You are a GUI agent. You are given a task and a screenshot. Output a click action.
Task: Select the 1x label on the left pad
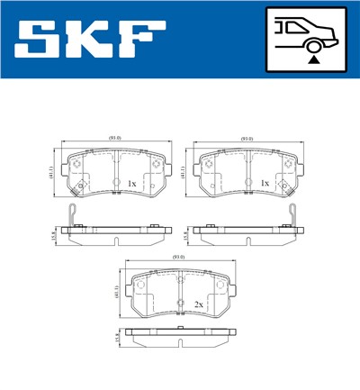tap(131, 184)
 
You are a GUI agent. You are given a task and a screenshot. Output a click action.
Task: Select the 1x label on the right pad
tap(264, 184)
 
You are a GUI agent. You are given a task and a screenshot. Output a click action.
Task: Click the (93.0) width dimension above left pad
tap(114, 138)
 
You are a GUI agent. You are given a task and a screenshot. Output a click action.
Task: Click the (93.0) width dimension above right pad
tap(247, 138)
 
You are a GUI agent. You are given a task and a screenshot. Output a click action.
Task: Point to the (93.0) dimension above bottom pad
tap(179, 258)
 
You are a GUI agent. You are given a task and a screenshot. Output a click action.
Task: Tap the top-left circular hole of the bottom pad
tap(140, 285)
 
